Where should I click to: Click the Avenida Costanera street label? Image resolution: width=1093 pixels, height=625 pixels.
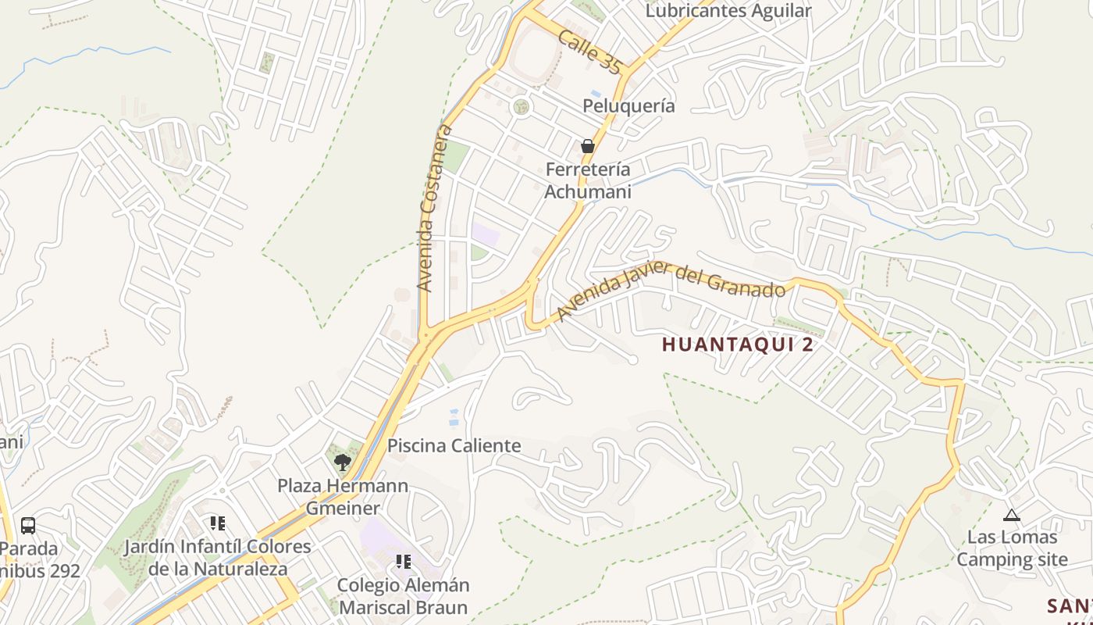436,208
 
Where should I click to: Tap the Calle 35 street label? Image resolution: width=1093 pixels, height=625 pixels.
590,53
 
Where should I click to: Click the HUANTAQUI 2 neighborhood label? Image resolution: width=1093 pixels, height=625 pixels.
738,345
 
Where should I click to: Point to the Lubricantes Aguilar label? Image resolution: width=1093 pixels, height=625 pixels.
728,11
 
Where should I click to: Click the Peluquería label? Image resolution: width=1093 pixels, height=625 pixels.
628,105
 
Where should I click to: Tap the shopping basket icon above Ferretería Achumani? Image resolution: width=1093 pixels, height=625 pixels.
587,146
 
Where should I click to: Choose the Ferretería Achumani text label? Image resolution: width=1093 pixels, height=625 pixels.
588,180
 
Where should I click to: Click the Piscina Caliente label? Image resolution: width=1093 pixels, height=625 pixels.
454,446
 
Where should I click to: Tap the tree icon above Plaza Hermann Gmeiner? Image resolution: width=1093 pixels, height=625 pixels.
342,462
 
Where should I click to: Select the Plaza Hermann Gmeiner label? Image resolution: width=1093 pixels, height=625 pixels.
343,497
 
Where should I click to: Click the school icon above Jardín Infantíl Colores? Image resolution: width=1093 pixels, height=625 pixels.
217,523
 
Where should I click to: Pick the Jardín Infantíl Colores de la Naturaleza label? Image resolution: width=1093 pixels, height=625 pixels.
218,558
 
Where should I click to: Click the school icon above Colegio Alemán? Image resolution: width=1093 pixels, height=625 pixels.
403,562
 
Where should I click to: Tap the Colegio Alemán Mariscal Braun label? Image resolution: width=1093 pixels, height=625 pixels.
403,596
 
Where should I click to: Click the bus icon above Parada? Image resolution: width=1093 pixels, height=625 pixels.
27,525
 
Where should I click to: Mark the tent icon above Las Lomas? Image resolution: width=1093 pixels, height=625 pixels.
1012,515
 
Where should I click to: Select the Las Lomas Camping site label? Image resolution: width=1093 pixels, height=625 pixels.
1012,548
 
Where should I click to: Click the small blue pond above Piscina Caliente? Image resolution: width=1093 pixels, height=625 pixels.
454,417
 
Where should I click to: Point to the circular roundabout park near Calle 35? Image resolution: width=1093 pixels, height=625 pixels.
521,106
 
